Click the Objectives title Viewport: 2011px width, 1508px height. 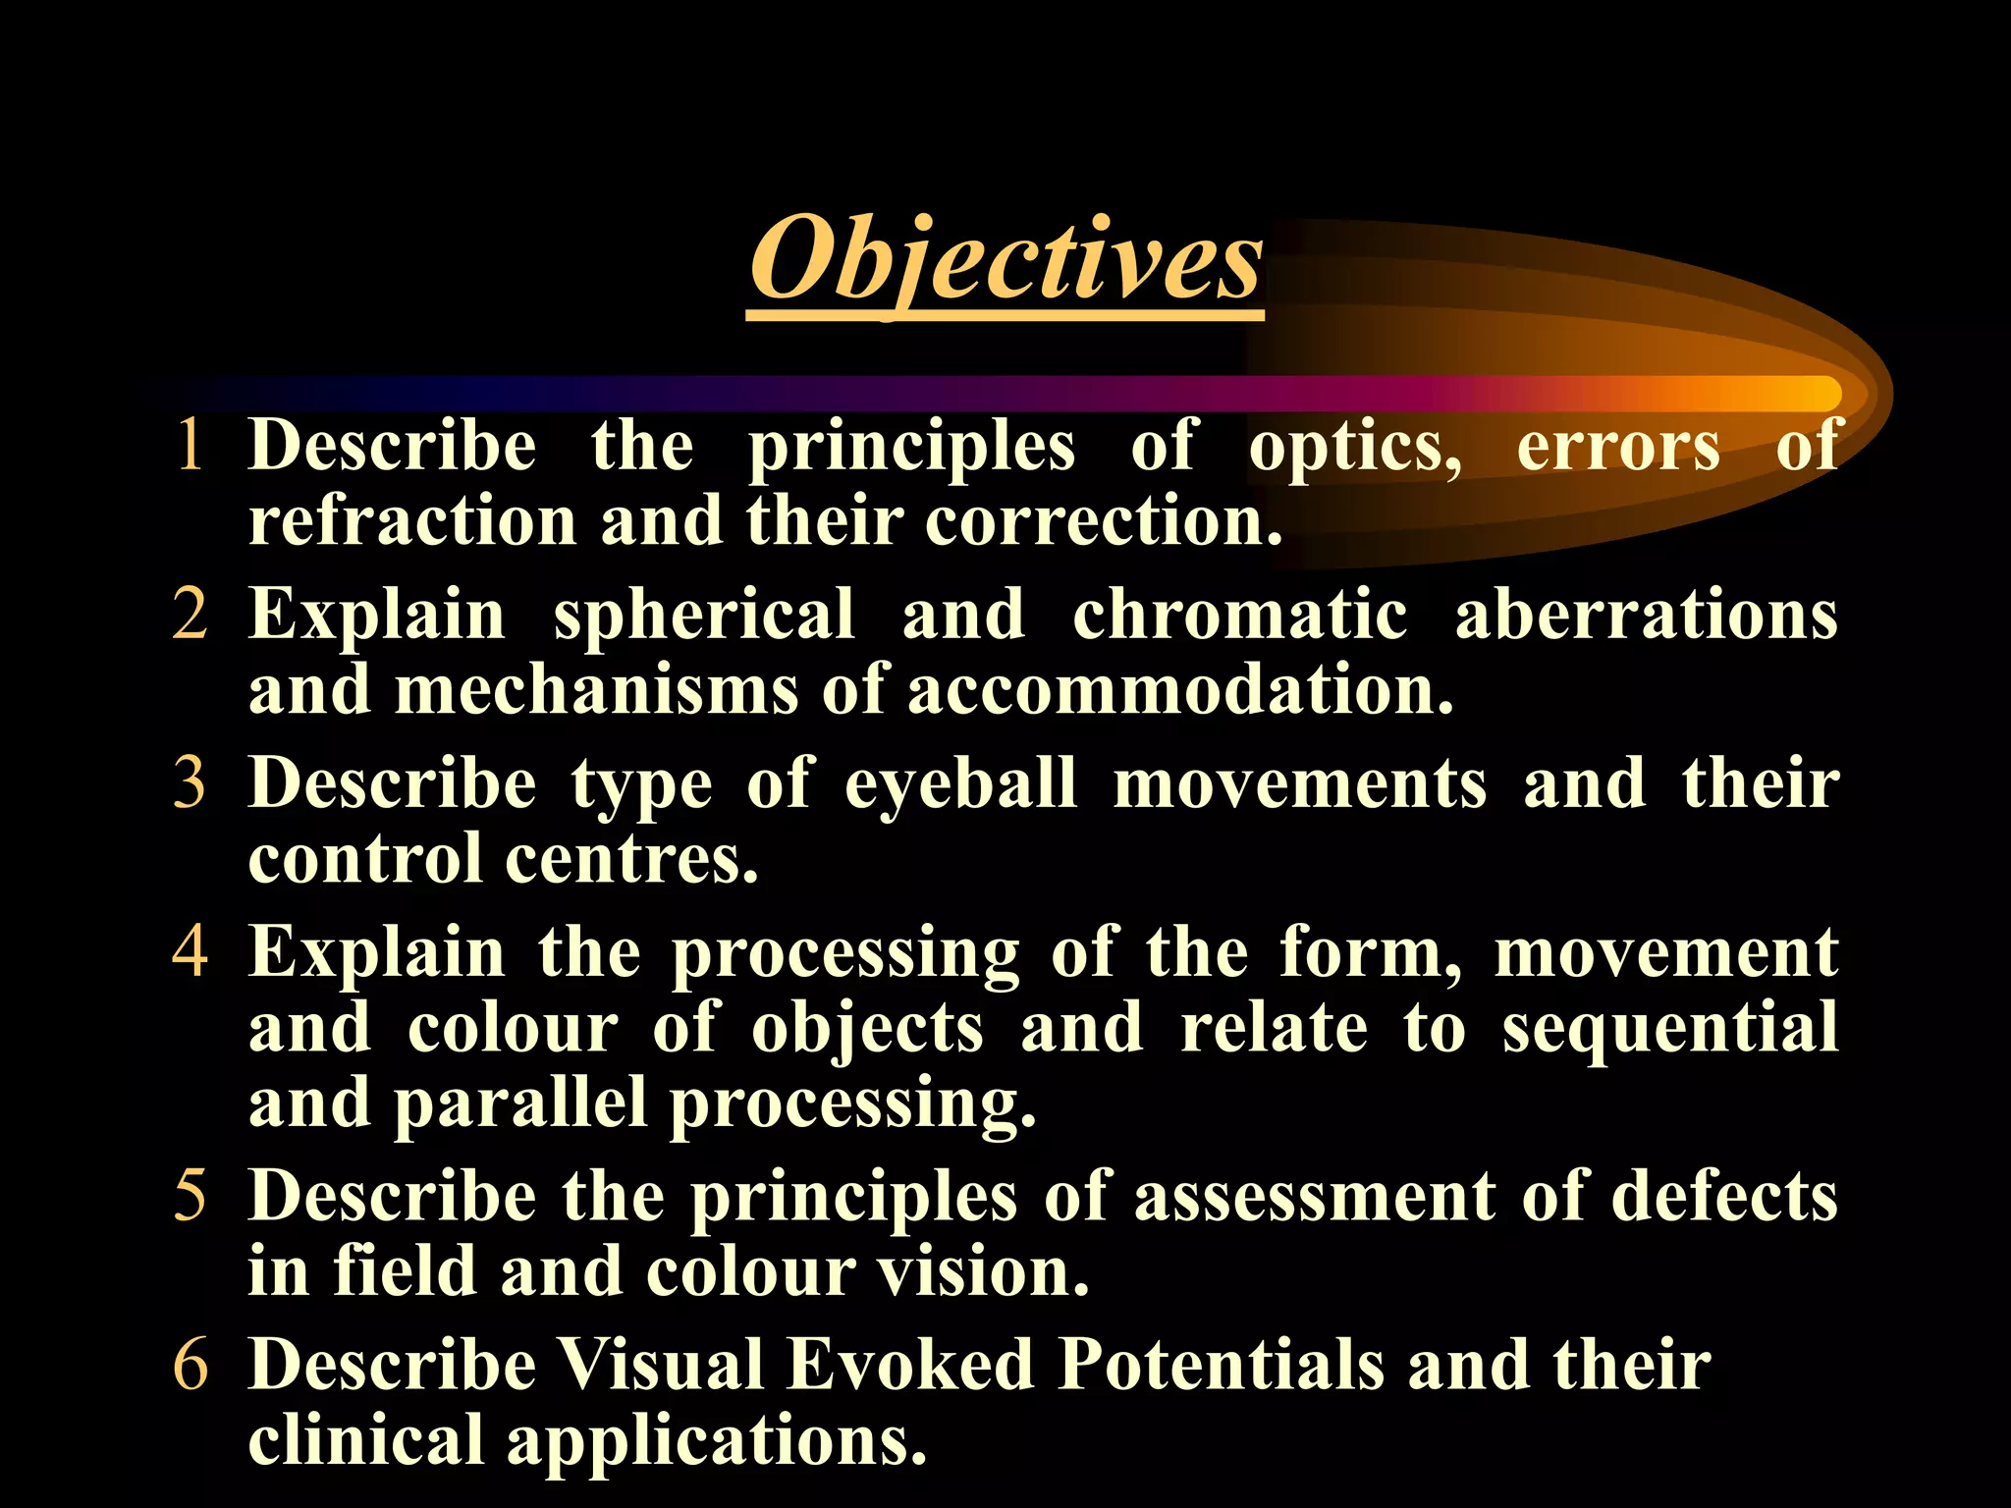1005,260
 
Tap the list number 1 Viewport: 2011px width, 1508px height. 190,445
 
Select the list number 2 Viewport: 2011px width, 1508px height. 190,614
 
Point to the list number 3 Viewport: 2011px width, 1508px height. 190,783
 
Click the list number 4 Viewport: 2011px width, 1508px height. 190,951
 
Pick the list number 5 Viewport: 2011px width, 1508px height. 190,1196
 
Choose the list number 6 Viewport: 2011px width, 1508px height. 190,1365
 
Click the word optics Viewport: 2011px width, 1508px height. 1354,447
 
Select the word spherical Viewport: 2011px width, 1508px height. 704,617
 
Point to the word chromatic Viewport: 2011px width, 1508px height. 1239,615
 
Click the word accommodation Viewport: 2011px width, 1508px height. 1178,690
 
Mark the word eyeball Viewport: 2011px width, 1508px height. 960,785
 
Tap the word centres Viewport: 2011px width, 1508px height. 631,859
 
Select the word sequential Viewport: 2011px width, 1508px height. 1669,1029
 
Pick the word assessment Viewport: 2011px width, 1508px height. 1315,1197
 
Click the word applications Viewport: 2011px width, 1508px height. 716,1441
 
